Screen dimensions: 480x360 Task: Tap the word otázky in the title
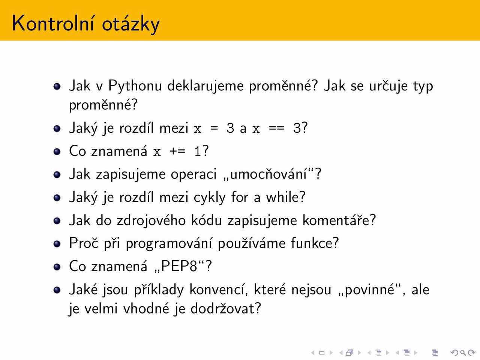pyautogui.click(x=131, y=24)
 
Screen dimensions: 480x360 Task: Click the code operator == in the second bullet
pyautogui.click(x=277, y=129)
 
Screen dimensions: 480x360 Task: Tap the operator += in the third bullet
pyautogui.click(x=177, y=151)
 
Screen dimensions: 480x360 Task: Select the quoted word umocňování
pyautogui.click(x=268, y=174)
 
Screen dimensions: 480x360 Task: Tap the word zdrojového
pyautogui.click(x=151, y=220)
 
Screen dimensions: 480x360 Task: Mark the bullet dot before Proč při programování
pyautogui.click(x=57, y=244)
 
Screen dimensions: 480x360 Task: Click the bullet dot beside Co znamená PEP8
pyautogui.click(x=57, y=267)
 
